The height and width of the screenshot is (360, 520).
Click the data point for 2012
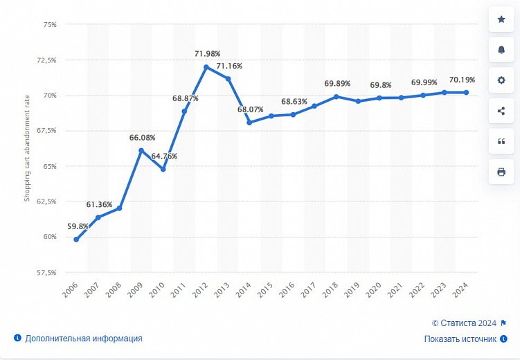tap(206, 67)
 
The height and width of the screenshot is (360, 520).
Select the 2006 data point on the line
tap(76, 240)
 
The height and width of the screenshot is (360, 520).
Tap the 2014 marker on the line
tap(249, 123)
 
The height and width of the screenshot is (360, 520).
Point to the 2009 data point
tap(141, 150)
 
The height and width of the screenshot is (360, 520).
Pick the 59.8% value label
tap(78, 226)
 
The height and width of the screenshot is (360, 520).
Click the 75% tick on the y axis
tap(49, 24)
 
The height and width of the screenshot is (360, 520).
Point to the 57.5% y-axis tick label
tap(46, 272)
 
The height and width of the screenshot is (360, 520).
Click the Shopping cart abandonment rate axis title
tap(28, 148)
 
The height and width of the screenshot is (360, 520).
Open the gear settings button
tap(501, 80)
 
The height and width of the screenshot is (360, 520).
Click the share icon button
tap(501, 110)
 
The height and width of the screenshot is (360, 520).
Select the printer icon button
tap(501, 171)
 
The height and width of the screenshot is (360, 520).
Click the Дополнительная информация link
tap(83, 339)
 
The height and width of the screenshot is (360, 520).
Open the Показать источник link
tap(460, 339)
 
